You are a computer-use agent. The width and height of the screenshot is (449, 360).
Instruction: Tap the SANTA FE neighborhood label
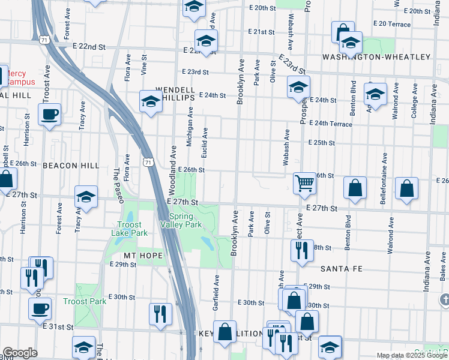pyautogui.click(x=342, y=269)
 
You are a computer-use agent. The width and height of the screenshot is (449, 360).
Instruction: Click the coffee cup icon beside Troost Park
pyautogui.click(x=40, y=308)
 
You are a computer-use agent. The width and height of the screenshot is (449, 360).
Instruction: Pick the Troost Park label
pyautogui.click(x=85, y=301)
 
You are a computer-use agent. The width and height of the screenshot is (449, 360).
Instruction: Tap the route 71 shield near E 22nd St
pyautogui.click(x=44, y=40)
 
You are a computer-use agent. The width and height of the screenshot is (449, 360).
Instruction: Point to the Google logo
pyautogui.click(x=20, y=353)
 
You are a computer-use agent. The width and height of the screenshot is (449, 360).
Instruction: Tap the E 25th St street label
pyautogui.click(x=321, y=143)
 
